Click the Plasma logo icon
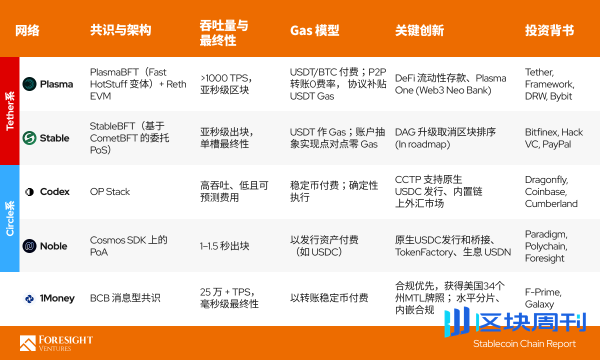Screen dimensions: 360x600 coord(29,84)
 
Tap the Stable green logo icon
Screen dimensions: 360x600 coord(29,138)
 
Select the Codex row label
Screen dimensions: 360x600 coord(54,191)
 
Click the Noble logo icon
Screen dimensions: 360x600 coord(29,246)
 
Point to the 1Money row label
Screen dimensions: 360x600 coord(57,298)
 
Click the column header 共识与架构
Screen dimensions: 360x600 coord(120,30)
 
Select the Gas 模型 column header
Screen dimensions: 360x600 coord(314,30)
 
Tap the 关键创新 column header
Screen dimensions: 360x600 coord(419,30)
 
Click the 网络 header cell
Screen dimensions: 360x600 coord(27,30)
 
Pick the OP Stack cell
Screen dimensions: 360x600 coord(110,191)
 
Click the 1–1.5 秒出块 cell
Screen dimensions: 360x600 coord(224,246)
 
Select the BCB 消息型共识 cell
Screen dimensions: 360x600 coord(125,298)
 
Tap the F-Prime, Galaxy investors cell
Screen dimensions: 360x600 coord(543,298)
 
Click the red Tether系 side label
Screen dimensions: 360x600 coord(9,111)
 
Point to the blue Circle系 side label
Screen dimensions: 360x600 coord(9,218)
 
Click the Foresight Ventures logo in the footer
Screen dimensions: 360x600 coord(56,343)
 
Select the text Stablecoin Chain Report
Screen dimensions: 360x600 coord(524,344)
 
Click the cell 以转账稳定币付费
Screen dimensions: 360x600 coord(329,298)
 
